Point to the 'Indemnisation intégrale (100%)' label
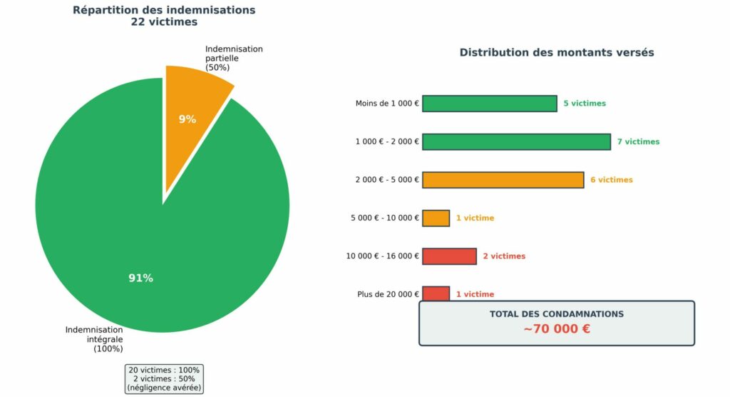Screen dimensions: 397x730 95,339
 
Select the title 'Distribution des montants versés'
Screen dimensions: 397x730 556,53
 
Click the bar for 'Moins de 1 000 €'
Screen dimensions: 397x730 489,104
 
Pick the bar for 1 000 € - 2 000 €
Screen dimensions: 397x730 516,141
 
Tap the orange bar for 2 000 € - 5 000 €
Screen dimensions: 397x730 503,180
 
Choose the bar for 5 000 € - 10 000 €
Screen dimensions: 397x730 436,218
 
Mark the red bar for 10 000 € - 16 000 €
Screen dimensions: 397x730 449,256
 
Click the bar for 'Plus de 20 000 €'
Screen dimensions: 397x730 436,293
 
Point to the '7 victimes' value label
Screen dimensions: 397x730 638,142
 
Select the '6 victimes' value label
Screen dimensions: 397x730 611,180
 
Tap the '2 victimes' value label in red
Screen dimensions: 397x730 504,256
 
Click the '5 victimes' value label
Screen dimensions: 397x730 585,104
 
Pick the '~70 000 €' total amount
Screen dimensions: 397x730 556,330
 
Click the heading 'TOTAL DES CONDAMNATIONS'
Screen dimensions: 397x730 556,314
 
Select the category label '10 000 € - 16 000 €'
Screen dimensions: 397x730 383,256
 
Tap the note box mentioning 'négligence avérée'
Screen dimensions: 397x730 164,379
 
